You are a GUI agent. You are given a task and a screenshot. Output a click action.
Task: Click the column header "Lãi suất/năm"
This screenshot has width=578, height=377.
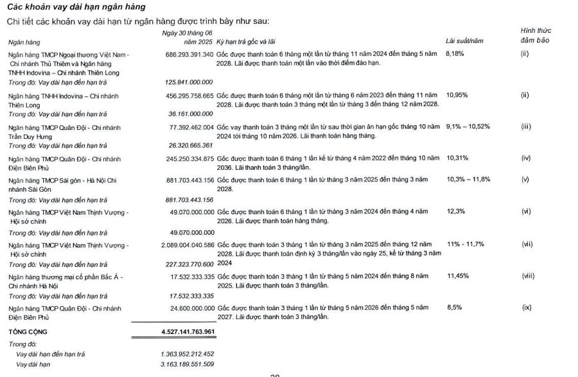click(463, 41)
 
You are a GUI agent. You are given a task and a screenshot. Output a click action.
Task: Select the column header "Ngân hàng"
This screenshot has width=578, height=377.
click(23, 41)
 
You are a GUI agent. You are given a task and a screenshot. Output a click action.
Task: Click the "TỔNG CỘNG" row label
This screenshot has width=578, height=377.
click(27, 332)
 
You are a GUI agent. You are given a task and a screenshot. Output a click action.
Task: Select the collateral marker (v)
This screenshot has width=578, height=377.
click(525, 179)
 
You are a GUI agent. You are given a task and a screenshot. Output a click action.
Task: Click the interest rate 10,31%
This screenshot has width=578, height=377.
click(456, 158)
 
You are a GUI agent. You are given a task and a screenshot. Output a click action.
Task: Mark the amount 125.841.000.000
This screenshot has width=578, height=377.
click(189, 82)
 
